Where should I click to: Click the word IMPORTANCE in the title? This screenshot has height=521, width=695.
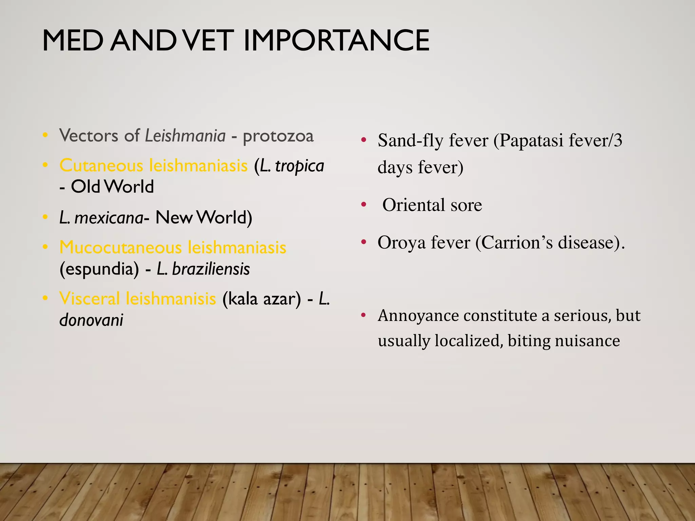(x=336, y=41)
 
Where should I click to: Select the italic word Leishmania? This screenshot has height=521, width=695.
(x=185, y=136)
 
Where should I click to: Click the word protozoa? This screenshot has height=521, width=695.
(x=278, y=136)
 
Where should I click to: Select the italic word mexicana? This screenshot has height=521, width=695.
(x=109, y=218)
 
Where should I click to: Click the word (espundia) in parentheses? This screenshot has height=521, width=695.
(x=99, y=269)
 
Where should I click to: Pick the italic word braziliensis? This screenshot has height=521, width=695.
(x=211, y=269)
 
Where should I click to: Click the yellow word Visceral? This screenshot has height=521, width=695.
(x=90, y=299)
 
